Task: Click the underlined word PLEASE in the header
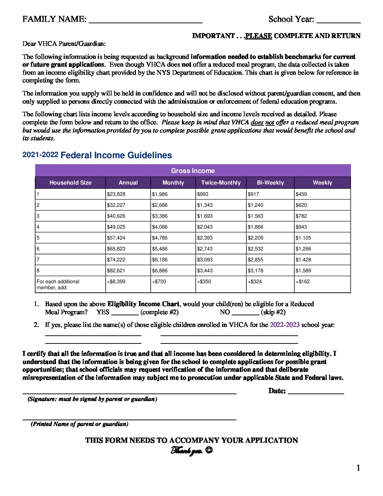click(259, 36)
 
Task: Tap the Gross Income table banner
click(193, 170)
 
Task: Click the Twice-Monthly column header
click(221, 182)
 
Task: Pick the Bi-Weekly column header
click(270, 182)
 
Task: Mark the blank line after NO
click(246, 314)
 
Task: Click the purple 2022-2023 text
click(284, 325)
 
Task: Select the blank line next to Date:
click(316, 393)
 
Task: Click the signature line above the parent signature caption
click(129, 393)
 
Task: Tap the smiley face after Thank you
click(209, 450)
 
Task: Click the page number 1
click(358, 468)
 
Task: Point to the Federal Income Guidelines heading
click(116, 155)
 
